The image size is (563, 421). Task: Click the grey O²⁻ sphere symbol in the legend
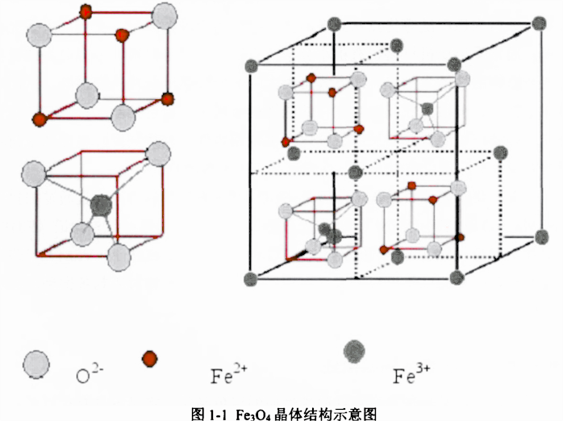(x=36, y=364)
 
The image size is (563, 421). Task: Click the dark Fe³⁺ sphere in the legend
(x=354, y=352)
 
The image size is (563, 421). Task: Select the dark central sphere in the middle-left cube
(x=100, y=205)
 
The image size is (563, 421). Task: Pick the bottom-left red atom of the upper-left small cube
(x=37, y=119)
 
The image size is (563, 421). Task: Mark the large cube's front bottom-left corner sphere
(x=250, y=278)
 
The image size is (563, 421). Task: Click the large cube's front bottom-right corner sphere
(x=457, y=278)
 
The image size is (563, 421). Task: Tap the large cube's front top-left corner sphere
(x=250, y=62)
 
